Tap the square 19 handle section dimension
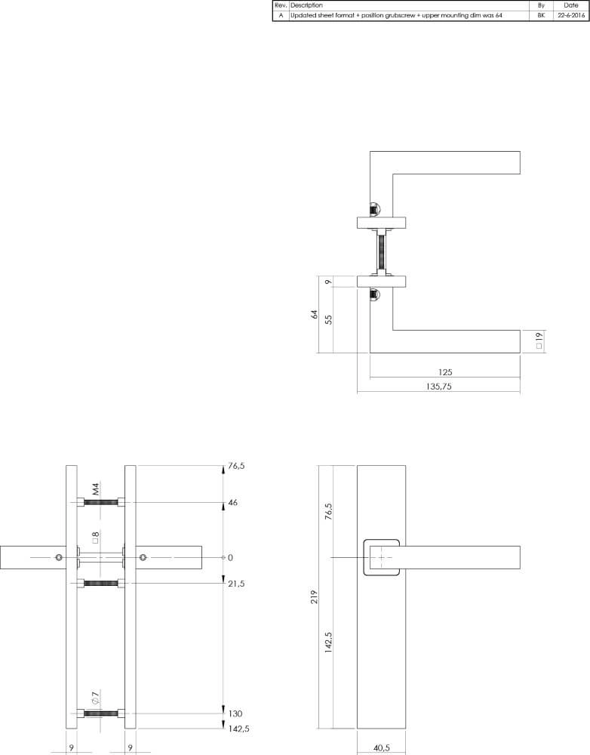[x=539, y=341]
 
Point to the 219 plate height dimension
[x=315, y=597]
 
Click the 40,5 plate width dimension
[x=381, y=748]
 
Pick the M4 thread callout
[x=96, y=491]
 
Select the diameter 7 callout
[x=96, y=699]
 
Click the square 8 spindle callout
[x=96, y=539]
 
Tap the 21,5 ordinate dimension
[x=238, y=584]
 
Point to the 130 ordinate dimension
[x=235, y=713]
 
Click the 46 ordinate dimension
[x=233, y=502]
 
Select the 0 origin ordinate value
[x=230, y=557]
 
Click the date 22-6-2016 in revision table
[x=570, y=15]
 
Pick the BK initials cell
[x=541, y=15]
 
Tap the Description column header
[x=306, y=5]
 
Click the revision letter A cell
[x=281, y=15]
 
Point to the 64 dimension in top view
[x=315, y=314]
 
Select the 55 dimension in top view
[x=329, y=319]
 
